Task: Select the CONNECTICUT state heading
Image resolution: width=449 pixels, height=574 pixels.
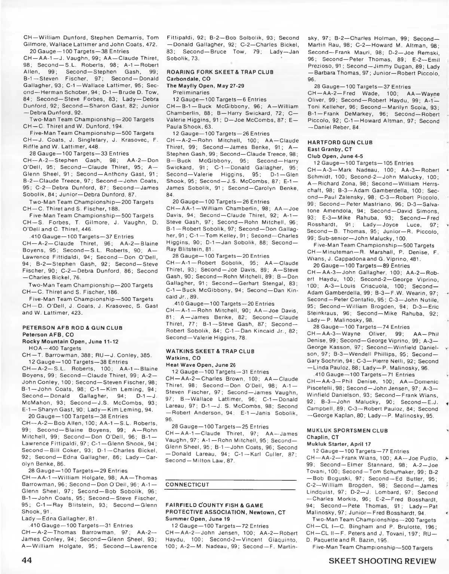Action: (187, 484)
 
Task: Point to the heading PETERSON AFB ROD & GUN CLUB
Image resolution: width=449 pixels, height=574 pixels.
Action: (73, 328)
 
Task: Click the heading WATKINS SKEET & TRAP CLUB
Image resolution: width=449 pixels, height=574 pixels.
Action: (210, 351)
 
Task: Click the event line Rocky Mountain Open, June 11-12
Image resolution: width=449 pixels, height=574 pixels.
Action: (70, 341)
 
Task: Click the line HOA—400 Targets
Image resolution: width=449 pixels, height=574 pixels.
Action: (52, 348)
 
